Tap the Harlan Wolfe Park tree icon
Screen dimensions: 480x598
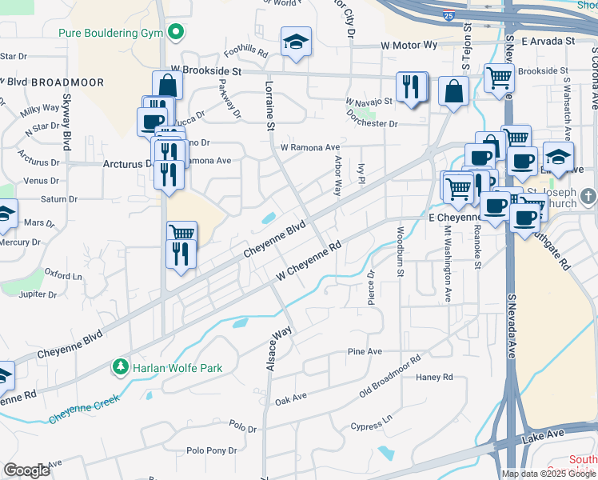[121, 368]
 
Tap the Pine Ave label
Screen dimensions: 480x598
[365, 352]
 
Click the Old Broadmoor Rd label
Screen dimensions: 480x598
[389, 376]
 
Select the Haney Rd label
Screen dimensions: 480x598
[434, 377]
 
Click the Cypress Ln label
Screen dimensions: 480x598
[372, 422]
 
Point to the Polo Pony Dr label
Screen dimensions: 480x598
[211, 451]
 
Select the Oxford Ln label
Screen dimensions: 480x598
[62, 274]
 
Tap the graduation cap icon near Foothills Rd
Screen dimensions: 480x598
[295, 42]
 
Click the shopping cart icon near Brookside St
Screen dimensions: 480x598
[500, 78]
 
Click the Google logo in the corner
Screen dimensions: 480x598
[26, 470]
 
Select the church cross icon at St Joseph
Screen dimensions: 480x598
[588, 196]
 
